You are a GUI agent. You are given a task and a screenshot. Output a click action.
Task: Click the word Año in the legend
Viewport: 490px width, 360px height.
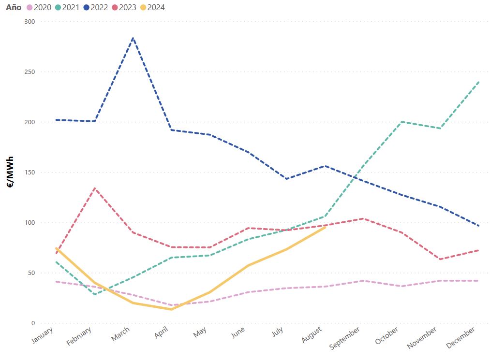coord(14,7)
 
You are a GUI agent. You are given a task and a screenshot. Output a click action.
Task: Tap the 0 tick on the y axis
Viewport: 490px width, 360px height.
coord(33,323)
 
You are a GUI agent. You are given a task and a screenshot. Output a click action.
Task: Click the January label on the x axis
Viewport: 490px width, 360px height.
coord(44,336)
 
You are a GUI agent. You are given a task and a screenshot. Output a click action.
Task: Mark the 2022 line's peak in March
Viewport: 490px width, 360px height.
coord(133,38)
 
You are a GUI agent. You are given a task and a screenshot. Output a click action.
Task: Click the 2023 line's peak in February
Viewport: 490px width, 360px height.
coord(95,188)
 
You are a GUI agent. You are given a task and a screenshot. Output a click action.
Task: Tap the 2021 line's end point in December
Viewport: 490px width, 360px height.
coord(479,82)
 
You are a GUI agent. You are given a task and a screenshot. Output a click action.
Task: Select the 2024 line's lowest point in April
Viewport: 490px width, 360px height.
coord(171,309)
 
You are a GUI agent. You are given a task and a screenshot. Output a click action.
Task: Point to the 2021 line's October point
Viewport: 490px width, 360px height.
coord(402,122)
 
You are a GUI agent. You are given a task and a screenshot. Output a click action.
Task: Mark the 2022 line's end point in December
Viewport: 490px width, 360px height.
coord(479,226)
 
